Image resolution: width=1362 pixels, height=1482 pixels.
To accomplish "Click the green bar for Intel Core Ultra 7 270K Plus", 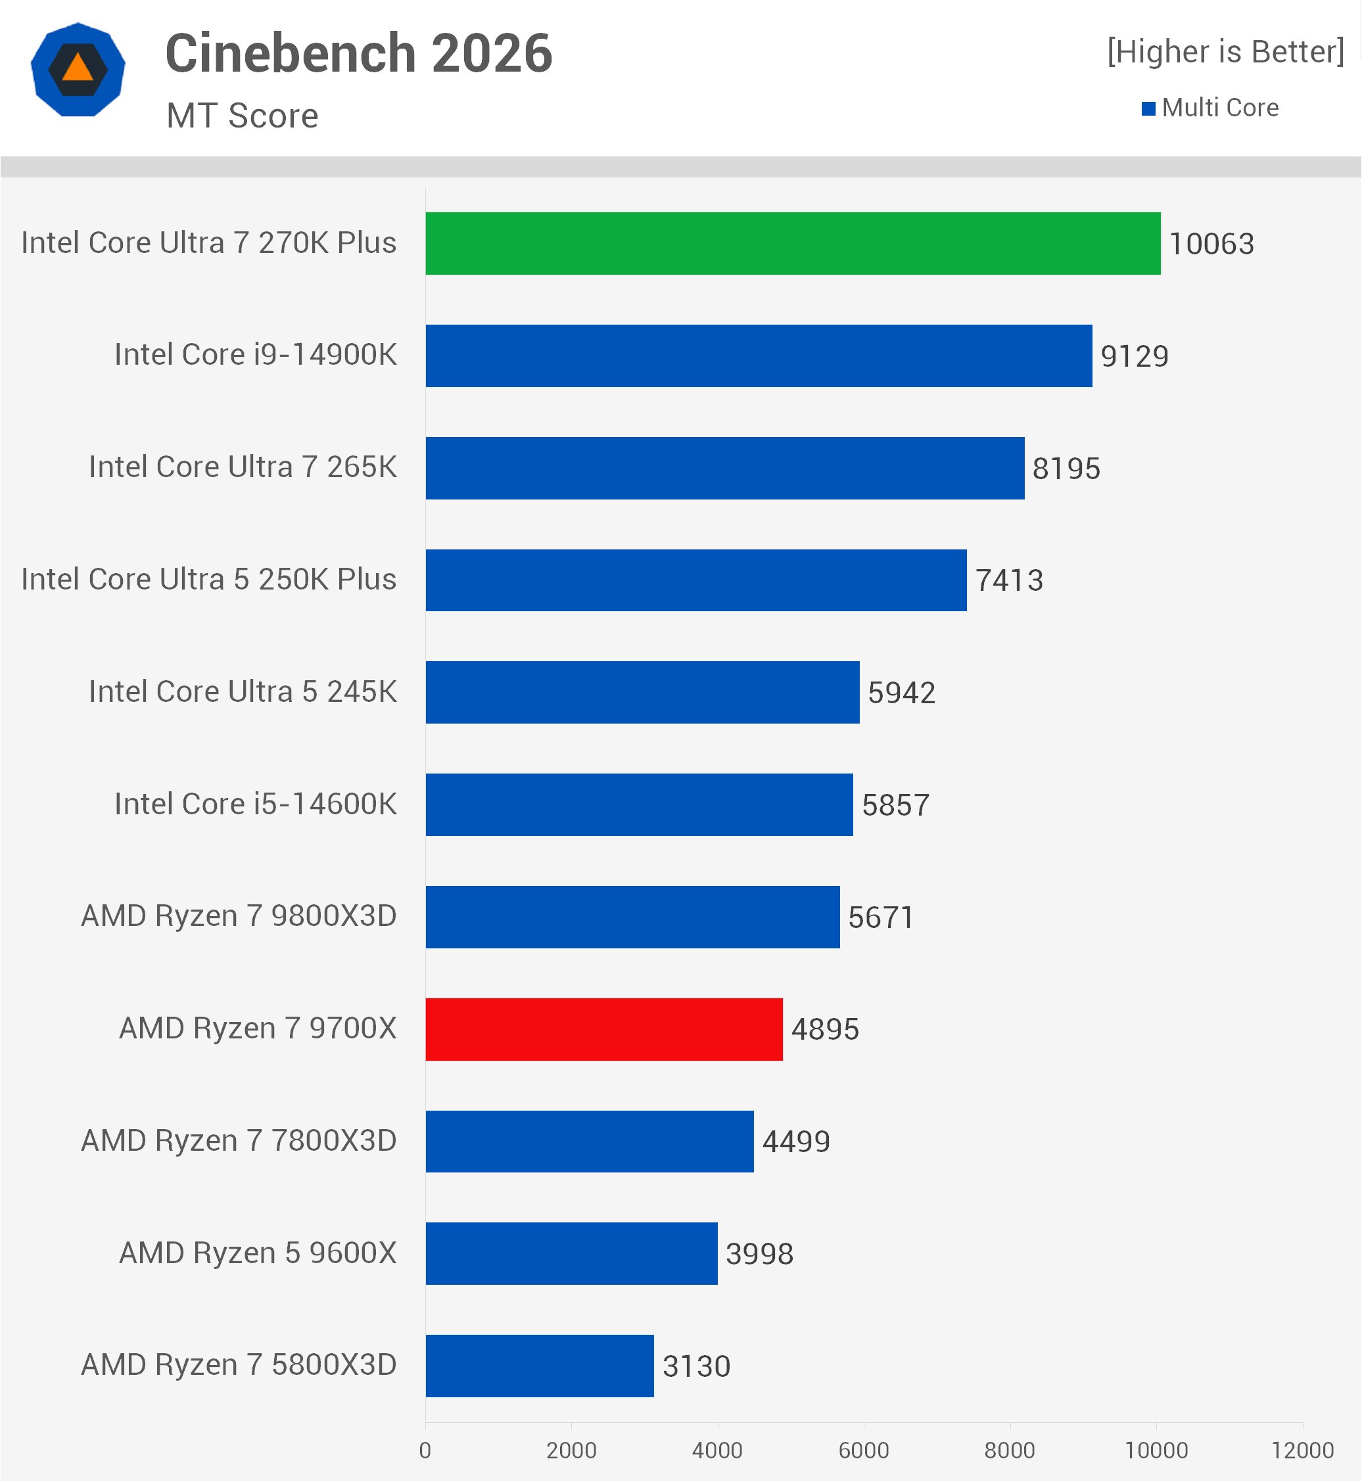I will [x=792, y=243].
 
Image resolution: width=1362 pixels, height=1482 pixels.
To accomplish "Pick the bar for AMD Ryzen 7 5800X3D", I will [x=540, y=1366].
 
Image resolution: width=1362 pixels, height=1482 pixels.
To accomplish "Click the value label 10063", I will [x=1211, y=244].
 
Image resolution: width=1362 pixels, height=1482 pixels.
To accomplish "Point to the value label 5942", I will [x=901, y=693].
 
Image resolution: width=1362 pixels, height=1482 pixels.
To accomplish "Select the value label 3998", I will [x=759, y=1253].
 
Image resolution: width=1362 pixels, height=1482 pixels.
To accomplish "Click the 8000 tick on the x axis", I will [x=1009, y=1450].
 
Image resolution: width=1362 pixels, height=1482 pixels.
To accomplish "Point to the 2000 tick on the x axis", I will [x=571, y=1450].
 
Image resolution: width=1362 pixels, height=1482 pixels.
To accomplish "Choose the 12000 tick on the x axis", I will [x=1302, y=1450].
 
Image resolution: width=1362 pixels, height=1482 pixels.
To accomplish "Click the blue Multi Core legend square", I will [x=1148, y=109].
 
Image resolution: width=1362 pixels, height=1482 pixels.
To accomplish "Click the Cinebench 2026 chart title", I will [x=358, y=53].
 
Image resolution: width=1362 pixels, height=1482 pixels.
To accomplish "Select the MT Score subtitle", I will [x=243, y=116].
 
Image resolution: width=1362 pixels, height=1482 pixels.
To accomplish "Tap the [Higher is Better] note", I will [x=1225, y=51].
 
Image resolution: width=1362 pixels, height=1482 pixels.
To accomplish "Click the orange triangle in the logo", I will [x=78, y=68].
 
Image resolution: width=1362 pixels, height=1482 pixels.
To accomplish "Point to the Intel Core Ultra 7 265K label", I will [x=243, y=467].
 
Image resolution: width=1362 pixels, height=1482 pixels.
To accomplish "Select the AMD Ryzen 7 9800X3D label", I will [x=239, y=916].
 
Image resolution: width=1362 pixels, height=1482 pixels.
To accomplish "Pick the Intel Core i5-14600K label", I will [x=255, y=804].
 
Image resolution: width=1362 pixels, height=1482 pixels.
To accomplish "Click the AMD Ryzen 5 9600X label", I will [x=258, y=1253].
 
